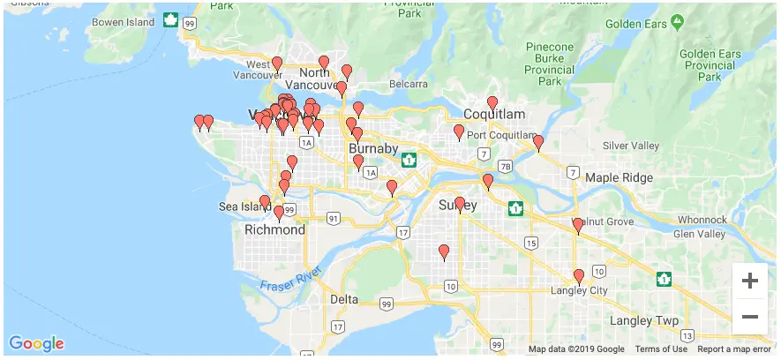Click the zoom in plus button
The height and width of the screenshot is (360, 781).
coord(750,281)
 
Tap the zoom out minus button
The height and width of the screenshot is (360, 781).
coord(750,316)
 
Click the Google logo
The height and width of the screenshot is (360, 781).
coord(36,343)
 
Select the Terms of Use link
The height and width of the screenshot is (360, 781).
coord(661,349)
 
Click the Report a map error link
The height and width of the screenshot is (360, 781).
coord(734,349)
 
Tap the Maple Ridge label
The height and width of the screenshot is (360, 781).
coord(620,178)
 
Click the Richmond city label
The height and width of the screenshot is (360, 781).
coord(274,230)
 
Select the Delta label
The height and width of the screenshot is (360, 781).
coord(344,299)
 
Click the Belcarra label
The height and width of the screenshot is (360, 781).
coord(409,84)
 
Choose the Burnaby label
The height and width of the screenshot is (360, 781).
coord(373,148)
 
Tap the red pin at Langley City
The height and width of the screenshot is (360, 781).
coord(579,276)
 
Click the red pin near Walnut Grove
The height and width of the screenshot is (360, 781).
coord(578,226)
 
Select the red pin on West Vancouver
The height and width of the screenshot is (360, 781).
coord(277,64)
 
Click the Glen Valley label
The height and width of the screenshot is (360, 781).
coord(699,234)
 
